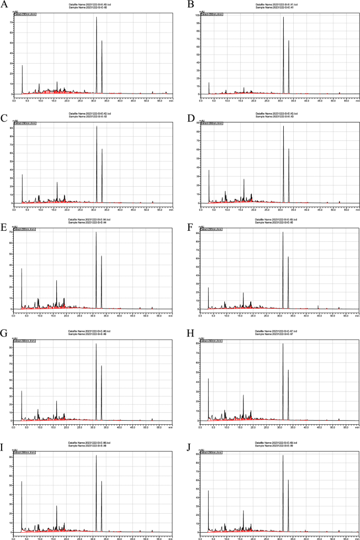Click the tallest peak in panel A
[x=97, y=17]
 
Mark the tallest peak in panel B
[x=283, y=17]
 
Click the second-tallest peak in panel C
[x=102, y=149]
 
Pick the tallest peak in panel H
[x=283, y=344]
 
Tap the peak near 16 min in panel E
[x=57, y=281]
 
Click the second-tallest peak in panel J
[x=289, y=480]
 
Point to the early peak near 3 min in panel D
[x=209, y=170]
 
